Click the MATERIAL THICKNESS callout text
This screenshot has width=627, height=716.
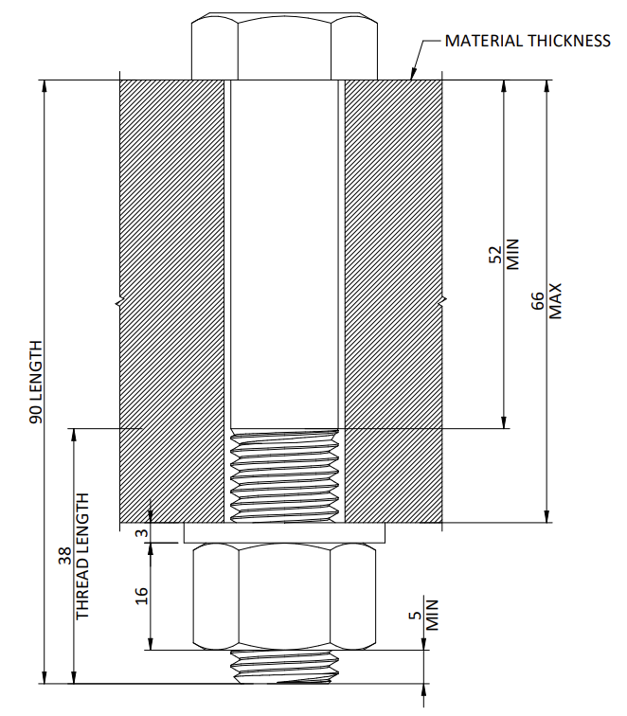coord(528,41)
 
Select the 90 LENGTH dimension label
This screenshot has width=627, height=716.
coord(36,382)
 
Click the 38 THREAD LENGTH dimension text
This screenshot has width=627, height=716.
coord(74,556)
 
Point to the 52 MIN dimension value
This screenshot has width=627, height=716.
coord(504,254)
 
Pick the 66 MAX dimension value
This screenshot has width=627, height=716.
coord(546,301)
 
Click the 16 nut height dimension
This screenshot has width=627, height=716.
coord(141,596)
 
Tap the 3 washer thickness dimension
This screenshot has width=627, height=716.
coord(142,533)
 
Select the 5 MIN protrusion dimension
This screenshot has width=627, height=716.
coord(423,615)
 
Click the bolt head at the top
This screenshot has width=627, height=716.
coord(284,46)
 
